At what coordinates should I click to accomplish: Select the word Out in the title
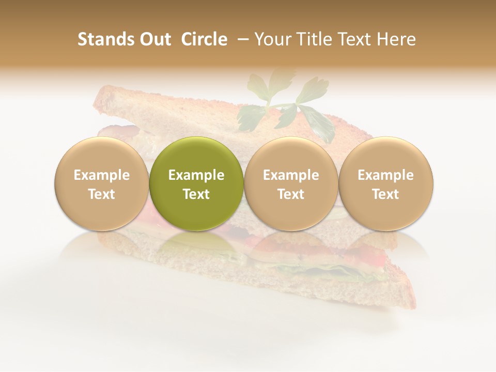click(x=153, y=40)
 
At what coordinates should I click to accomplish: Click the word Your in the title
click(x=271, y=40)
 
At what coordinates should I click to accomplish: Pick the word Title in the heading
click(x=310, y=40)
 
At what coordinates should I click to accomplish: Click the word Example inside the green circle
click(x=196, y=175)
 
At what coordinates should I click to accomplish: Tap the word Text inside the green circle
click(x=196, y=194)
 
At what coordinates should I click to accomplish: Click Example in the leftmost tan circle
click(x=101, y=175)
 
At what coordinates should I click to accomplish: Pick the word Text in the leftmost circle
click(x=101, y=194)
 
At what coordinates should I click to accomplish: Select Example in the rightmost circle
click(x=385, y=175)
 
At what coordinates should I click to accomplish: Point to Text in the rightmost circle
click(x=385, y=194)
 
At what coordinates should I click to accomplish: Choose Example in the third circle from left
click(x=291, y=175)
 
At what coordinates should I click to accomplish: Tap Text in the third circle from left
click(x=291, y=194)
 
